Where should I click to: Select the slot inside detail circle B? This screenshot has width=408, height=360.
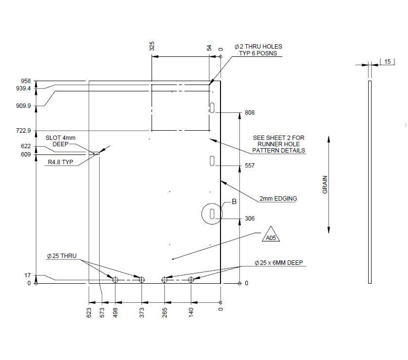click(x=212, y=214)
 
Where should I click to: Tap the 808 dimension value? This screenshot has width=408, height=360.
click(x=250, y=113)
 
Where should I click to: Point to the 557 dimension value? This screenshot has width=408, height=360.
click(x=250, y=166)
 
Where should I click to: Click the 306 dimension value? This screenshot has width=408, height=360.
click(x=250, y=219)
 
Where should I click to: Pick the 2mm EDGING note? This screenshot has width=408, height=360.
click(x=278, y=199)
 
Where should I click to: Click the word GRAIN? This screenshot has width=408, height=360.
click(x=325, y=185)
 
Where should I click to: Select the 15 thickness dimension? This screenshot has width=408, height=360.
click(x=387, y=62)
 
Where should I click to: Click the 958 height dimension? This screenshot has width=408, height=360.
click(x=26, y=81)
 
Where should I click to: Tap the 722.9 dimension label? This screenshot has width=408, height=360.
click(x=23, y=131)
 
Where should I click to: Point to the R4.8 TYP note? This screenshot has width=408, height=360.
click(x=60, y=162)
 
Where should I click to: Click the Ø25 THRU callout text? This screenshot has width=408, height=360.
click(x=62, y=256)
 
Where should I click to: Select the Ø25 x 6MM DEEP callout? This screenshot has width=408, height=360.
click(x=278, y=263)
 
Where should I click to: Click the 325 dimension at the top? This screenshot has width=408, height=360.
click(x=152, y=46)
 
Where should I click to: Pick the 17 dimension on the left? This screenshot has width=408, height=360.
click(x=28, y=275)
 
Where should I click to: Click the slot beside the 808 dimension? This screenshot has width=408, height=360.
click(x=212, y=107)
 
